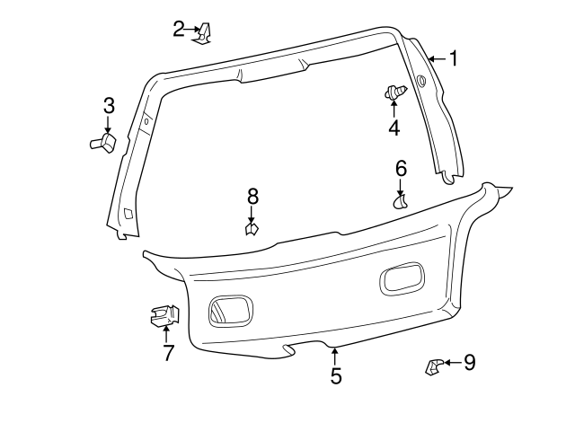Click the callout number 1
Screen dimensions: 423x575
click(454, 59)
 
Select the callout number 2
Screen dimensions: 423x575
click(179, 29)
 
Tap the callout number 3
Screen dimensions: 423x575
click(108, 105)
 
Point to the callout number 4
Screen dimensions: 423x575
click(394, 128)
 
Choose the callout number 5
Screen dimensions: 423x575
click(336, 375)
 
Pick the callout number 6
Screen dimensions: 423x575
click(401, 168)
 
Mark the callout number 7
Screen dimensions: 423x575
click(168, 353)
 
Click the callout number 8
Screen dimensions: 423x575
click(252, 196)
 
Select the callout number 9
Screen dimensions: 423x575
click(469, 363)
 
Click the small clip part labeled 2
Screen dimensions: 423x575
click(206, 33)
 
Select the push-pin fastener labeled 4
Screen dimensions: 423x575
click(395, 92)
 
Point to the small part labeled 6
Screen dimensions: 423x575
click(401, 200)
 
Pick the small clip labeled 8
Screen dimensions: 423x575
click(252, 229)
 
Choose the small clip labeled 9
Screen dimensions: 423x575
click(434, 366)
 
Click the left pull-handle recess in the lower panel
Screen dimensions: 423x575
click(230, 310)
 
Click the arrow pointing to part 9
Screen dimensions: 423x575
click(452, 363)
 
